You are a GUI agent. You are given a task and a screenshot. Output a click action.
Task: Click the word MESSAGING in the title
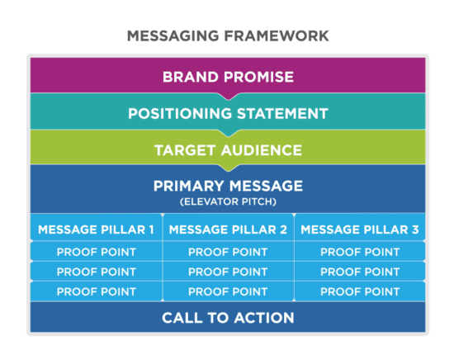[173, 36]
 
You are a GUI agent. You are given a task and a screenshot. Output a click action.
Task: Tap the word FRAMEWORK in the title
[277, 36]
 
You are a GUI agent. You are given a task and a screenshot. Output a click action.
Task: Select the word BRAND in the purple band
[191, 77]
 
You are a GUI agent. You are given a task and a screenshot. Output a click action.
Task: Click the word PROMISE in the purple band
[259, 77]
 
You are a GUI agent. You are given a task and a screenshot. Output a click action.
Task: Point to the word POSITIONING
[180, 113]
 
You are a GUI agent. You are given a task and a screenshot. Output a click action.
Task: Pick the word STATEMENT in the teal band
[282, 113]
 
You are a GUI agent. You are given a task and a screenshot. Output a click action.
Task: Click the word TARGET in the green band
[185, 150]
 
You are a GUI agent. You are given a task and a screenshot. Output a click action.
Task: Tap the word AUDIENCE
[262, 150]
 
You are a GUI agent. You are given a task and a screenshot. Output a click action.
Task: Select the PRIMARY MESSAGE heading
[228, 186]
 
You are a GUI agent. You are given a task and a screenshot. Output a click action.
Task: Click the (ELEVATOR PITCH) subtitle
[228, 201]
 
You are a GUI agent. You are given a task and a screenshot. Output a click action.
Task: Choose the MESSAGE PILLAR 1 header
[96, 230]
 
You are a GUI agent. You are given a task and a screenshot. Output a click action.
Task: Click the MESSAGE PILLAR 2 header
[228, 230]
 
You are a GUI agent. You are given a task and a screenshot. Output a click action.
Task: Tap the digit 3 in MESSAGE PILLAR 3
[415, 230]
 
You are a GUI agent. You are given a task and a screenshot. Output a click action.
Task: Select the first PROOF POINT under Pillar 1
[97, 252]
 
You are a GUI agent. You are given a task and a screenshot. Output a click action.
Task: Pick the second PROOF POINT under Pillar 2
[228, 272]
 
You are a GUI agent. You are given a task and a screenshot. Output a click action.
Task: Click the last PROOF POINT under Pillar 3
[360, 291]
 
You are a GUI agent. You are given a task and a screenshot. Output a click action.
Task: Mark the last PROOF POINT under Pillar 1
[97, 291]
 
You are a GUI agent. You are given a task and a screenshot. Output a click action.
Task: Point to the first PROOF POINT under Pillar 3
[360, 252]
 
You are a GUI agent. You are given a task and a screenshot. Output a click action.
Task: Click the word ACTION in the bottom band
[264, 318]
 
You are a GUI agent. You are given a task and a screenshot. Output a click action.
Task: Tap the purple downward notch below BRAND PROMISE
[228, 96]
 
